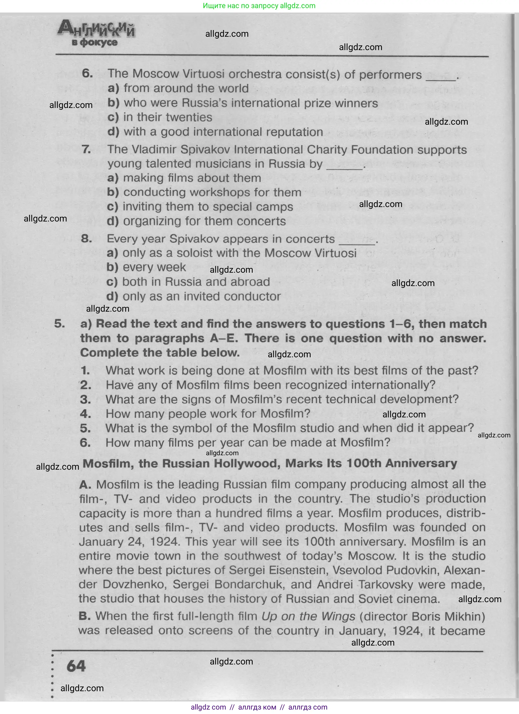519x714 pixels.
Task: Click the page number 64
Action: [76, 666]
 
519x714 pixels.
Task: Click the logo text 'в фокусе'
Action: [94, 43]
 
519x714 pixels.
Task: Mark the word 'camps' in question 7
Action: [278, 207]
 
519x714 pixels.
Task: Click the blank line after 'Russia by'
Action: [344, 168]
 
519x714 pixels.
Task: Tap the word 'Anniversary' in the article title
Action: [421, 463]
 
